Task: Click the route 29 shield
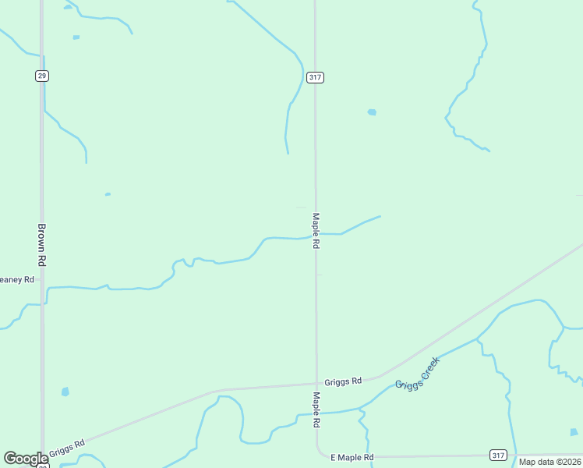(42, 76)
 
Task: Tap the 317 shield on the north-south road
(315, 77)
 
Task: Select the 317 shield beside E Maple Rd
(499, 455)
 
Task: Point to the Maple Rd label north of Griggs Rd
(316, 231)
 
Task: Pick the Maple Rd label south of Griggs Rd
(316, 409)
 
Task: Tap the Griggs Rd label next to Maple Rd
(343, 381)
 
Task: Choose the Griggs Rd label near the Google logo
(67, 449)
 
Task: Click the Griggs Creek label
(418, 374)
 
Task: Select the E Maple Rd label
(352, 457)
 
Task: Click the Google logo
(25, 459)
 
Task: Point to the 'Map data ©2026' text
(549, 462)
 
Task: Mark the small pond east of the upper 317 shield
(372, 112)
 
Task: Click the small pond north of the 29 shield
(76, 37)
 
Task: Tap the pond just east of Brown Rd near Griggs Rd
(65, 392)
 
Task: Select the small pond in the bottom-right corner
(574, 431)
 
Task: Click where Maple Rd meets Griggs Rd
(316, 384)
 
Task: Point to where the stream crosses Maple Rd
(316, 234)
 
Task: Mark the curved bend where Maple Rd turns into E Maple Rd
(320, 452)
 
